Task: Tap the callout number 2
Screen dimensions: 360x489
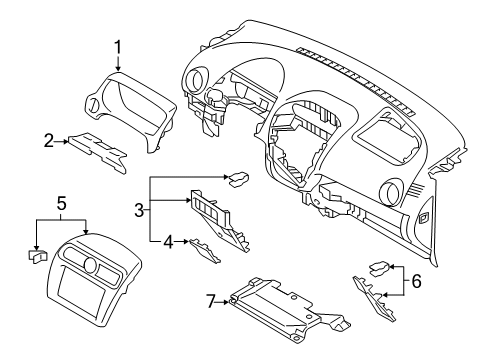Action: click(48, 141)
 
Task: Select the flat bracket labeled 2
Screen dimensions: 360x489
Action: click(97, 147)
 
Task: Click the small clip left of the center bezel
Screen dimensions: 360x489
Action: click(37, 256)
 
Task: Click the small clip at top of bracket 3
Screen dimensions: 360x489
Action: click(240, 180)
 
